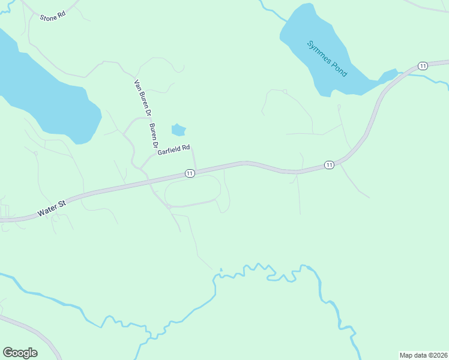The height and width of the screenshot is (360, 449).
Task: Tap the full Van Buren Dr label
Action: tap(142, 98)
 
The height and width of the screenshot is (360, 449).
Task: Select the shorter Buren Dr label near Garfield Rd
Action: tap(154, 136)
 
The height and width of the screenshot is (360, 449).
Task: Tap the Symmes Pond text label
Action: tap(327, 58)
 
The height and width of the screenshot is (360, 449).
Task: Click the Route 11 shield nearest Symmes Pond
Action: tap(423, 65)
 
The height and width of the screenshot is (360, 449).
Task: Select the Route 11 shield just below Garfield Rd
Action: tap(190, 173)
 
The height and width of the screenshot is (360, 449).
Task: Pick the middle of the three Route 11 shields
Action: tap(328, 164)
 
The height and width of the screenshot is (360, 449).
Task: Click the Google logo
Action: tap(20, 353)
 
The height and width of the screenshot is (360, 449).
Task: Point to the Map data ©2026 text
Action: tap(424, 355)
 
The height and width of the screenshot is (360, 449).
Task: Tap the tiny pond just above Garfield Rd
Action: tap(178, 130)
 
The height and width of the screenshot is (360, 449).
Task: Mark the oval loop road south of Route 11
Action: tap(193, 194)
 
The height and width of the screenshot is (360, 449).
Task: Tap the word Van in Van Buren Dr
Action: tap(137, 85)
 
